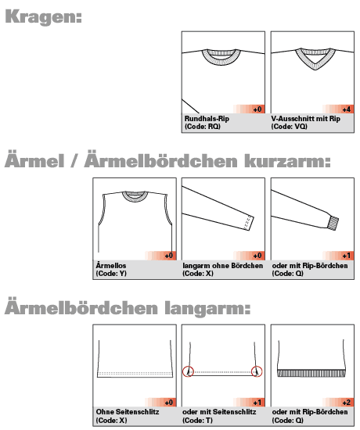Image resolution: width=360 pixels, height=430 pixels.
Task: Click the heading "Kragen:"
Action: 44,16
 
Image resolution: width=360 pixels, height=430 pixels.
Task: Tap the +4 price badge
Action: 347,109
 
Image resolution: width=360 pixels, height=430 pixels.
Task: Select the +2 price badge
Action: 347,402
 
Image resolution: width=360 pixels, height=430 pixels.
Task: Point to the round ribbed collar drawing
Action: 223,56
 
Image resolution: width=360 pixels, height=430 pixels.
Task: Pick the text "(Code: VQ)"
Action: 290,126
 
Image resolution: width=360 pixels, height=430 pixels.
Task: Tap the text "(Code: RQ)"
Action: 202,126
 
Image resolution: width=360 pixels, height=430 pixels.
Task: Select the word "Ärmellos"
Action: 110,265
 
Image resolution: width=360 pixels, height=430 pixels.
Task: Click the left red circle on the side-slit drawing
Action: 188,371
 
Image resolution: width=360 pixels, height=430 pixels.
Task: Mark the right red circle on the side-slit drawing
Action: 257,371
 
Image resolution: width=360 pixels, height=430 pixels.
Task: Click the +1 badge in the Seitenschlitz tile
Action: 257,402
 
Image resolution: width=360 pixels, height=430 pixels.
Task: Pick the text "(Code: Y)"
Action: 111,273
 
